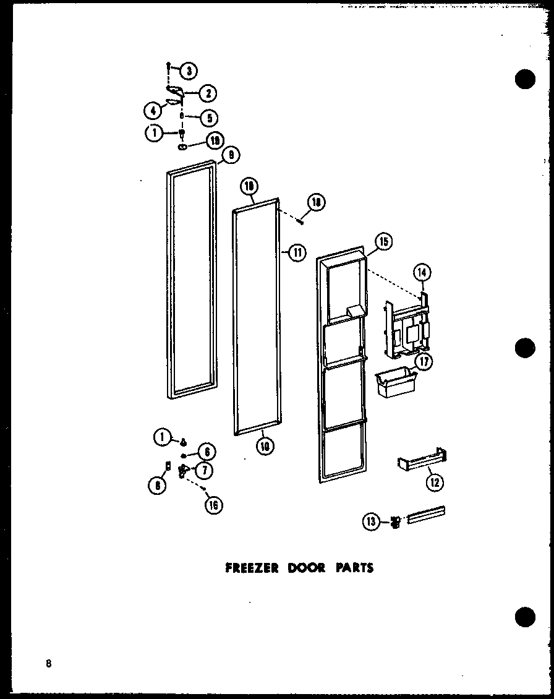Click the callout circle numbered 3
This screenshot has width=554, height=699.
point(189,71)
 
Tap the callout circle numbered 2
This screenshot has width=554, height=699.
point(208,93)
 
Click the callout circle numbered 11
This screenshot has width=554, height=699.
point(297,252)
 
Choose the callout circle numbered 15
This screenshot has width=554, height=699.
point(383,242)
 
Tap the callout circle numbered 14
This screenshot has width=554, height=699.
point(424,272)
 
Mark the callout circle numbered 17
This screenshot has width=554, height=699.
point(424,362)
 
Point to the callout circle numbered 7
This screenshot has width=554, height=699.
point(203,470)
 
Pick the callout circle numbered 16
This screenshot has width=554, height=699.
point(214,505)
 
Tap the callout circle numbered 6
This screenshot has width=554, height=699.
point(206,452)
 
